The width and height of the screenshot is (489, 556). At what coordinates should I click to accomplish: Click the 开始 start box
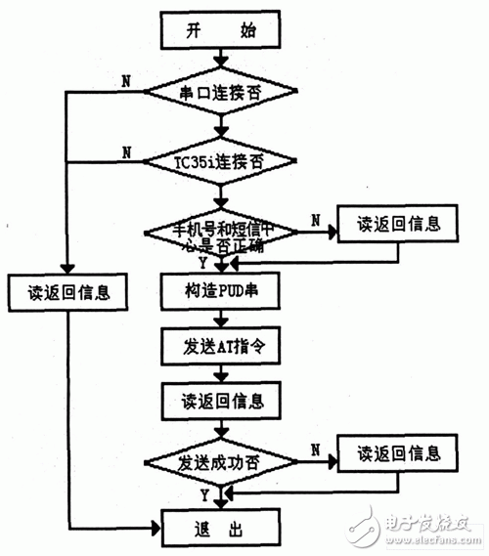pos(220,31)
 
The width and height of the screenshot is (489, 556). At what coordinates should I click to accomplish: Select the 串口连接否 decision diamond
pos(220,94)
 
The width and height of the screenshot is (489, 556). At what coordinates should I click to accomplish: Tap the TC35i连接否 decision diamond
pos(220,156)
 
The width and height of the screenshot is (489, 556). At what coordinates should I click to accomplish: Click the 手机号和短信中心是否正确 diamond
pos(220,235)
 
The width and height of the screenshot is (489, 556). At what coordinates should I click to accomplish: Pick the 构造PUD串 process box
pos(220,290)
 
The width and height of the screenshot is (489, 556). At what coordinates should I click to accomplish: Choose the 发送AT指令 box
pos(220,345)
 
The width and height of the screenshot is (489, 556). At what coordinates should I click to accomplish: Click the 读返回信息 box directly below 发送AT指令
pos(220,401)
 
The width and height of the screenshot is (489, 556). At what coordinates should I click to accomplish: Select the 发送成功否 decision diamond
pos(220,460)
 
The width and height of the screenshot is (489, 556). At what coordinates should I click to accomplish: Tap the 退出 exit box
pos(220,529)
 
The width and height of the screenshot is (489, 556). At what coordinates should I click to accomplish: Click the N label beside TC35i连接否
pos(126,151)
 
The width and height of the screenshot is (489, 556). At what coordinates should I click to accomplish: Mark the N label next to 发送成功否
pos(315,447)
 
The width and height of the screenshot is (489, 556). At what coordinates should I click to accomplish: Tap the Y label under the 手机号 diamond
pos(201,263)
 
